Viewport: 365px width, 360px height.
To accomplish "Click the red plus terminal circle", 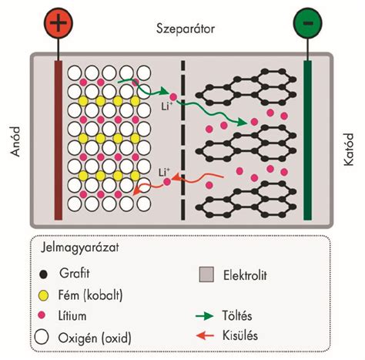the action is (x=59, y=23).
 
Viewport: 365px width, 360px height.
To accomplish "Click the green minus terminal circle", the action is (x=307, y=23).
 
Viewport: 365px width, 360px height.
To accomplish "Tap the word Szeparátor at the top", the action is (x=186, y=29).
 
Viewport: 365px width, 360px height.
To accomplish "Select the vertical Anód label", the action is (x=15, y=141).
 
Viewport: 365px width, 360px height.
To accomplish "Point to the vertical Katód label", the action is (x=349, y=150).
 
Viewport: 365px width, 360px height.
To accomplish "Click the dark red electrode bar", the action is (x=59, y=140).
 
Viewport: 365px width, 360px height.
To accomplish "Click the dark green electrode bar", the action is (x=307, y=140).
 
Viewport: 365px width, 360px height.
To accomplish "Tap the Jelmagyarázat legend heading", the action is (x=80, y=247).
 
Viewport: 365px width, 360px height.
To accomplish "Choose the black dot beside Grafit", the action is (x=44, y=274).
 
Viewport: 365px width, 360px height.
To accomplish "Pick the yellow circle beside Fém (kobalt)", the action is (x=44, y=295).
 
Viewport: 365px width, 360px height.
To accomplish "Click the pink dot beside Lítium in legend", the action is (x=42, y=315).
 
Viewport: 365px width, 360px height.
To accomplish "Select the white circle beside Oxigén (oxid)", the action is (x=42, y=337).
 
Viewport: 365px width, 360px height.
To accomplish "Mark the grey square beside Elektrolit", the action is (x=206, y=274).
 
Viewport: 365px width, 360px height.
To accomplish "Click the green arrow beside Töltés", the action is (x=205, y=315).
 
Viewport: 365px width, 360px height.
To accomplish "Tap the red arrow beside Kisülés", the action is (x=205, y=335).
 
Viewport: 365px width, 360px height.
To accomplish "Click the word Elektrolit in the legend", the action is (x=245, y=275).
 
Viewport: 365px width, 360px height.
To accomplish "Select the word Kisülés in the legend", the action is (x=240, y=335).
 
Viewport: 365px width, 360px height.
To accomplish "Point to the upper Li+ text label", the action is (x=166, y=106).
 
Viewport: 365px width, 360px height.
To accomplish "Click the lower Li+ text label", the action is (x=164, y=173).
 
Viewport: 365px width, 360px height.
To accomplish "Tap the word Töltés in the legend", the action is (x=237, y=315).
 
